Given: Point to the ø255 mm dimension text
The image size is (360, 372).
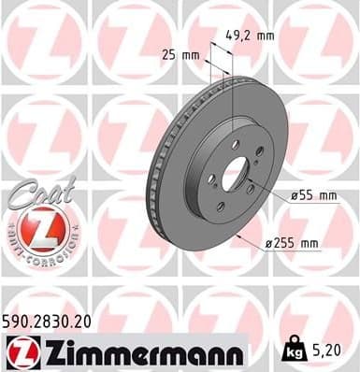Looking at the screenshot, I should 293,244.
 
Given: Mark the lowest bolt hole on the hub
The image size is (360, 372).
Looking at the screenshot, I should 221,207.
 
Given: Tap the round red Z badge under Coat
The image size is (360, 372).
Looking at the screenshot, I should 41,228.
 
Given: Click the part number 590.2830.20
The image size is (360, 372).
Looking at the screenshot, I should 50,321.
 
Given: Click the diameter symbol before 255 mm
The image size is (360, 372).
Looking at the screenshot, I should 268,244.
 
